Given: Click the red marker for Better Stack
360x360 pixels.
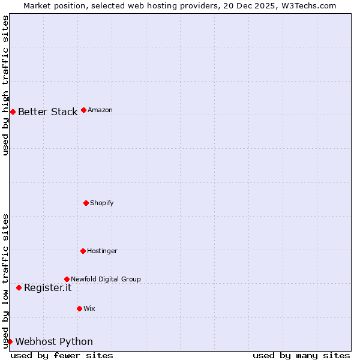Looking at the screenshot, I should click(x=13, y=112).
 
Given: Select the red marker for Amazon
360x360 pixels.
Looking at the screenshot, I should click(x=83, y=110).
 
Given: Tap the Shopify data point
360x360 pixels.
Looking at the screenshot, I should click(x=86, y=203).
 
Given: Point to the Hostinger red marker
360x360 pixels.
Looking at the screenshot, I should click(x=83, y=251).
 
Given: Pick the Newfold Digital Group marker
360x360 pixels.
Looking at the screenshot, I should click(x=67, y=279).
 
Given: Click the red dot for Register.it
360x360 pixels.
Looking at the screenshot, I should click(x=19, y=287).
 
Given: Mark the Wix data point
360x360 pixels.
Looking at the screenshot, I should click(x=79, y=308).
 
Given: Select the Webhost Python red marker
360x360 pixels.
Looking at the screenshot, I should click(x=10, y=341).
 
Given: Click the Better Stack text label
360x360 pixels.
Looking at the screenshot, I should click(x=47, y=112).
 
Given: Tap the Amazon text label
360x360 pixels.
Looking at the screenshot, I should click(x=100, y=110).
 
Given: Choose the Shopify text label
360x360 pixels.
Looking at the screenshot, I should click(x=102, y=203).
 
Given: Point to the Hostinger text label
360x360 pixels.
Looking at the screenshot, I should click(x=102, y=251).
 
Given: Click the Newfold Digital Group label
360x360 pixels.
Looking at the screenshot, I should click(x=106, y=279).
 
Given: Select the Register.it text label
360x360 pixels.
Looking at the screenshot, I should click(x=47, y=287).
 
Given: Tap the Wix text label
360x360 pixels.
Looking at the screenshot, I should click(x=89, y=308).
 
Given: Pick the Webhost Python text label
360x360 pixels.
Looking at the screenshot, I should click(x=54, y=341).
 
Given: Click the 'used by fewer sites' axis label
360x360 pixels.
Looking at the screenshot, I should click(x=62, y=355).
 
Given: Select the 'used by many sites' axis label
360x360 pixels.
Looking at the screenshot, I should click(x=301, y=355).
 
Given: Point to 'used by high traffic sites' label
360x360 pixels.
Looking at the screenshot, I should click(x=5, y=85).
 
